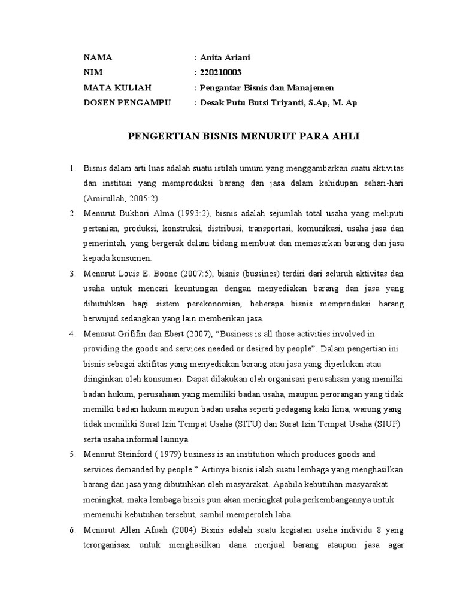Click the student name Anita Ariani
[x=225, y=57]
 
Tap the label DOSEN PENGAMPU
[x=127, y=102]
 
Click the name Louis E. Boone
[x=143, y=274]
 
